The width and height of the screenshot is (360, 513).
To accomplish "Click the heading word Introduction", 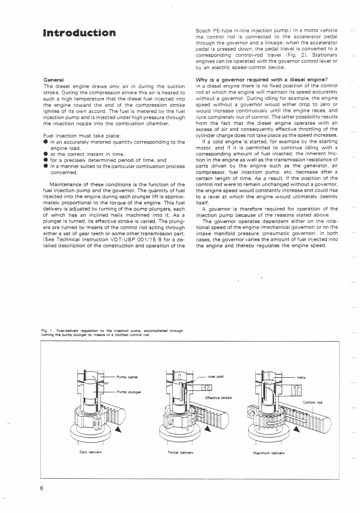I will tap(80, 33).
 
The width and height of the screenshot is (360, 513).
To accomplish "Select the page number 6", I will tap(42, 489).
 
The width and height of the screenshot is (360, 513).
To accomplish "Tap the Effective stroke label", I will tap(218, 398).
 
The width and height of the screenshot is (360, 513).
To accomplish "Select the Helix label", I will tap(301, 378).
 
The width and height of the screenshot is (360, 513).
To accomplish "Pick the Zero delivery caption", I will tap(93, 453).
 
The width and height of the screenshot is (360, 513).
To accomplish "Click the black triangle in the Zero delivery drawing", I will tap(118, 429).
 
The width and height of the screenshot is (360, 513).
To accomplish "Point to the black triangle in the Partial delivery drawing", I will tap(208, 428).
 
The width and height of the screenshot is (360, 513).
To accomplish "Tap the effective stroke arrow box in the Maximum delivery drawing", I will tap(296, 391).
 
